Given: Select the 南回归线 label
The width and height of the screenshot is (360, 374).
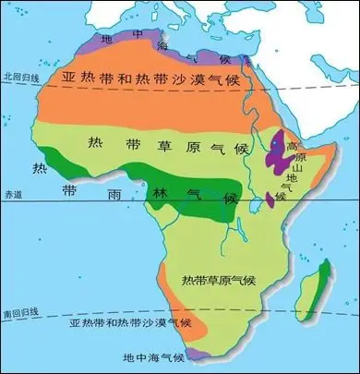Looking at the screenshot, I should tap(18, 316).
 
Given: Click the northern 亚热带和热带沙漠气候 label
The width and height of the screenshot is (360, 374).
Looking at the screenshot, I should tap(161, 79).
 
